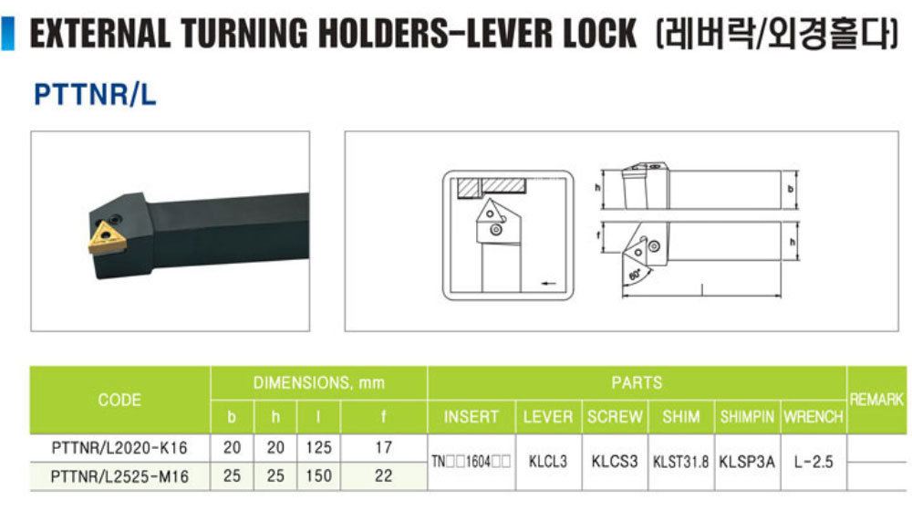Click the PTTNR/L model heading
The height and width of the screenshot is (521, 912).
(95, 94)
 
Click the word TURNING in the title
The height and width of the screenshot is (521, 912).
(244, 33)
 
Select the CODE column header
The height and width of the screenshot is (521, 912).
(119, 400)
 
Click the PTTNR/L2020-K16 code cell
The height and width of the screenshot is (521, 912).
(119, 448)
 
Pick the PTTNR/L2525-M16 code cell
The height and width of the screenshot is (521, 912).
(119, 476)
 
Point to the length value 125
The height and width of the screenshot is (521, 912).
(318, 447)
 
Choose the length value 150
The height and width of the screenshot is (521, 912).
(318, 475)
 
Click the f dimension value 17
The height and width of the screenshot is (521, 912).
(383, 447)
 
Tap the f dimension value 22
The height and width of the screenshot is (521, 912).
(383, 475)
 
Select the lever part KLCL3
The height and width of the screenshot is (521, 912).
(548, 462)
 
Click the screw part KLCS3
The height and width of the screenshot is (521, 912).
(615, 462)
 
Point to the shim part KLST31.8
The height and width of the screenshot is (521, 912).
(680, 463)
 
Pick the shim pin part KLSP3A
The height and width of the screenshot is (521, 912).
(747, 462)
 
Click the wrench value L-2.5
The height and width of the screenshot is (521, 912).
(814, 462)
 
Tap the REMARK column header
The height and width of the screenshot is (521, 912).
(876, 400)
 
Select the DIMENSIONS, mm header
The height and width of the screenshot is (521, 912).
(318, 383)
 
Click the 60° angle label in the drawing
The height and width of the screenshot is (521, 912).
(635, 273)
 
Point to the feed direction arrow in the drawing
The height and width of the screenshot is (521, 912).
(548, 284)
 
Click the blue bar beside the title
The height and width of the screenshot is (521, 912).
(8, 34)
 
